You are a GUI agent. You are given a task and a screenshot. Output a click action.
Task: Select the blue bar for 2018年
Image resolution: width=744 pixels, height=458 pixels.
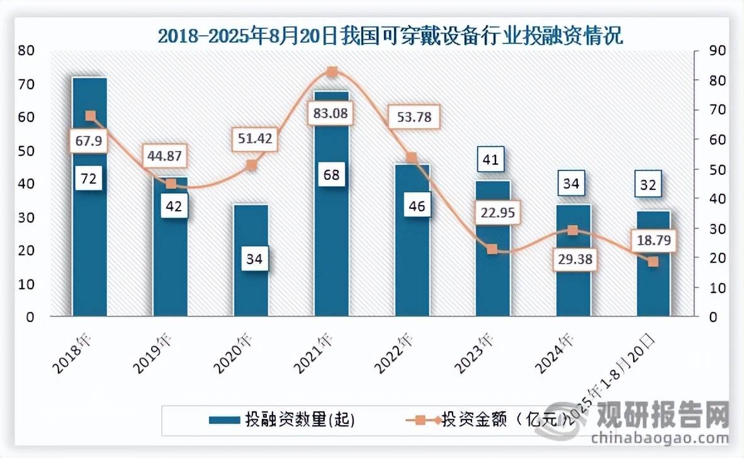pyautogui.click(x=89, y=239)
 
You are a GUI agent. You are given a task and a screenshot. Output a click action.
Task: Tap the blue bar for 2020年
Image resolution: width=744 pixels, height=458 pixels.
pyautogui.click(x=251, y=289)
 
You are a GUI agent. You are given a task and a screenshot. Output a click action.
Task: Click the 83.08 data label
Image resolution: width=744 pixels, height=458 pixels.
pyautogui.click(x=330, y=114)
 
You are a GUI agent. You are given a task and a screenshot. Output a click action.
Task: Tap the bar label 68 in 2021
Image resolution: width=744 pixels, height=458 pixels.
pyautogui.click(x=331, y=174)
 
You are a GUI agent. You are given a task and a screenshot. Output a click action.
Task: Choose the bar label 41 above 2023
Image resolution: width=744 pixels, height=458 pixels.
pyautogui.click(x=491, y=160)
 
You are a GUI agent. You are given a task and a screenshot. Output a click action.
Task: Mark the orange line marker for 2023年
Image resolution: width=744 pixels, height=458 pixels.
pyautogui.click(x=492, y=249)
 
